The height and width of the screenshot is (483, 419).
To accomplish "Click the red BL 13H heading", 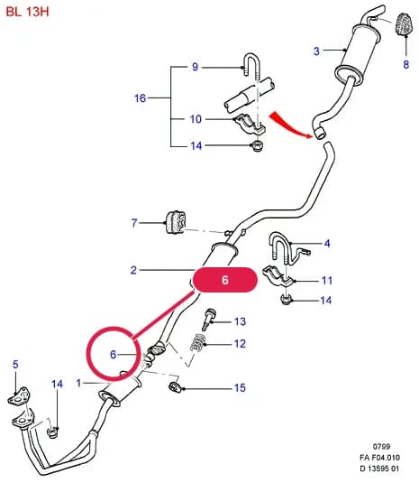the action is pyautogui.click(x=27, y=12).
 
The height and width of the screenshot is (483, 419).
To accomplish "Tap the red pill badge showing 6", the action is pyautogui.click(x=224, y=280).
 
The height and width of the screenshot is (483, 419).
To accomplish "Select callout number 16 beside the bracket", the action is pyautogui.click(x=140, y=98).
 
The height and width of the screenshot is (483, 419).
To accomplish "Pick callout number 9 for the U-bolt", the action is pyautogui.click(x=195, y=67).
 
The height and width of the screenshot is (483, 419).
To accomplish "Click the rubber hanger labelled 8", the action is pyautogui.click(x=404, y=24).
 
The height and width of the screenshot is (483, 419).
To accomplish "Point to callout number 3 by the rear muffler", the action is pyautogui.click(x=316, y=51).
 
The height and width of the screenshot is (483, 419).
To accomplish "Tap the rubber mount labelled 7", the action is pyautogui.click(x=176, y=222).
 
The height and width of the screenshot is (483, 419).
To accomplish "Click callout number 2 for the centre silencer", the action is pyautogui.click(x=133, y=270).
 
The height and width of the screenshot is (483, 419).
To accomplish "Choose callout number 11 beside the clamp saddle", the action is pyautogui.click(x=327, y=280).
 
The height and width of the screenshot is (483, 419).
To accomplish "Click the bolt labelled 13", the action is pyautogui.click(x=209, y=320).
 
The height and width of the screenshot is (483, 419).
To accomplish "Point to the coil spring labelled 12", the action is pyautogui.click(x=197, y=343).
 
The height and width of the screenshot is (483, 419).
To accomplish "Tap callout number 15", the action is pyautogui.click(x=240, y=387).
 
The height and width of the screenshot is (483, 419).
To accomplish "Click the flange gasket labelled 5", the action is pyautogui.click(x=19, y=396).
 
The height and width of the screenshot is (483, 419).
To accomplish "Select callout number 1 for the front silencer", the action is pyautogui.click(x=78, y=383).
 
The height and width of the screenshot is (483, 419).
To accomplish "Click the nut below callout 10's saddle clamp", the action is pyautogui.click(x=257, y=145).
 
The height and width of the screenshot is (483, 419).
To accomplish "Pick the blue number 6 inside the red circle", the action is pyautogui.click(x=114, y=354).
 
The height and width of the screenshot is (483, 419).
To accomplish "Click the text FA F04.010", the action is pyautogui.click(x=379, y=458).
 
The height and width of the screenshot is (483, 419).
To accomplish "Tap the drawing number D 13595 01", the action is pyautogui.click(x=379, y=469).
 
